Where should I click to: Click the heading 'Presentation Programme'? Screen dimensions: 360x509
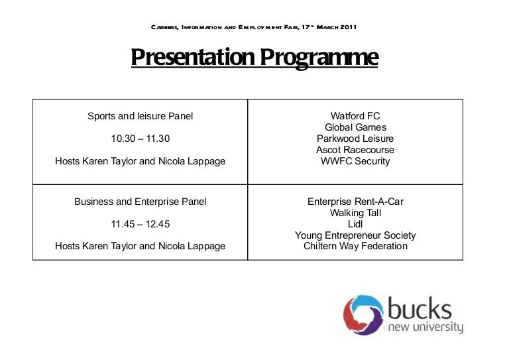click(x=254, y=58)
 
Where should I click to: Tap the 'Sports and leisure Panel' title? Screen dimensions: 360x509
click(x=141, y=116)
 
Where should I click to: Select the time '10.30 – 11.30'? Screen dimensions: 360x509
click(x=141, y=139)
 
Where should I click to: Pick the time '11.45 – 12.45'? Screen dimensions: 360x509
click(x=141, y=224)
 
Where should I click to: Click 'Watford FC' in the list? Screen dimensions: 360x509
click(x=355, y=116)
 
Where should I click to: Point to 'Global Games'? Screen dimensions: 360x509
click(x=355, y=127)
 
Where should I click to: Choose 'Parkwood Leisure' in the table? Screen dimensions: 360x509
click(x=355, y=139)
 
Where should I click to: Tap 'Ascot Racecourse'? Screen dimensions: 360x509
click(x=355, y=150)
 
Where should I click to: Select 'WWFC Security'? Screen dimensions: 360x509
click(x=355, y=161)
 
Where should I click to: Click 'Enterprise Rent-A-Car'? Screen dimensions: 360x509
click(x=355, y=202)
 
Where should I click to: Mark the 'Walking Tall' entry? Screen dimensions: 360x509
click(x=355, y=213)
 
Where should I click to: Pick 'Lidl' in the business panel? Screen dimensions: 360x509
click(x=355, y=224)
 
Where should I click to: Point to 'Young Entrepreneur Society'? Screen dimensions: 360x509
click(x=355, y=235)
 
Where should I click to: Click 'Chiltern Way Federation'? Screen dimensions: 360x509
click(x=355, y=247)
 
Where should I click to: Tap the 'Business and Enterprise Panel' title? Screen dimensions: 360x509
click(x=141, y=202)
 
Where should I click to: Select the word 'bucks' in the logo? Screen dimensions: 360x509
click(x=420, y=310)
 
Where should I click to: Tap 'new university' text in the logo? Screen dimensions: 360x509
click(x=425, y=328)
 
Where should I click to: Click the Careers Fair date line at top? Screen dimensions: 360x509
click(x=254, y=27)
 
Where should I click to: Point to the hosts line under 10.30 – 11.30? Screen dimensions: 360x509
click(x=141, y=161)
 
